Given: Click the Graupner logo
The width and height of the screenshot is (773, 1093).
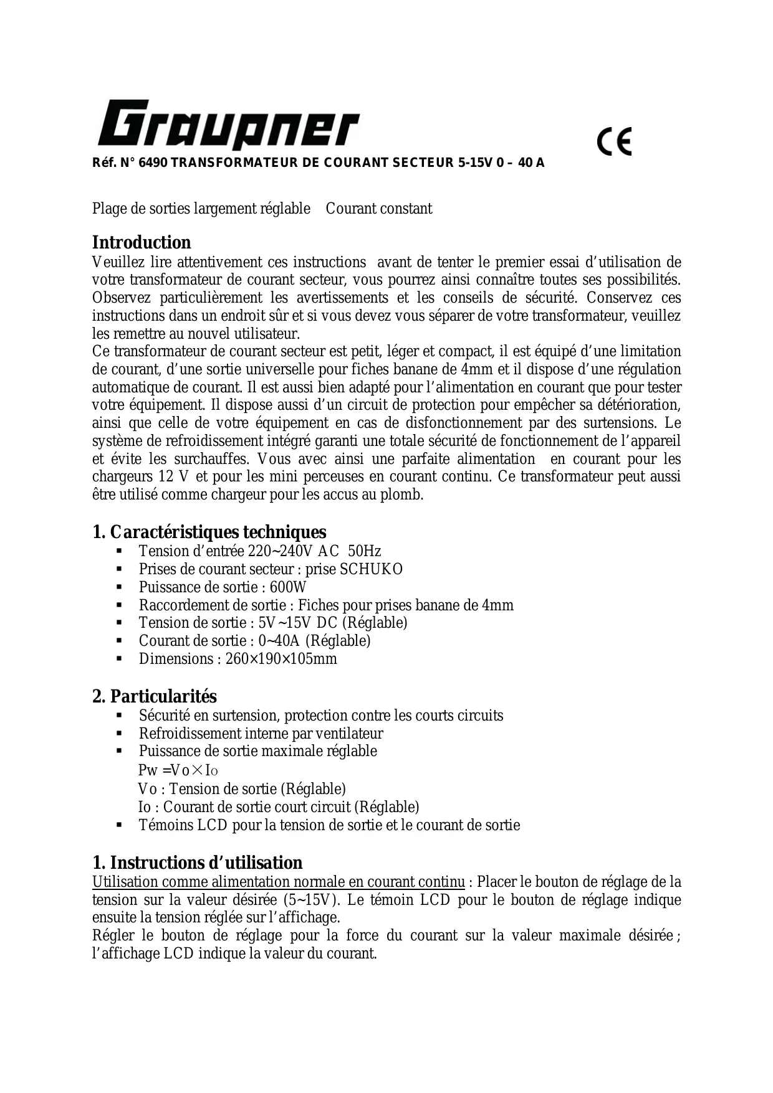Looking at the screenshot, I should (x=228, y=125).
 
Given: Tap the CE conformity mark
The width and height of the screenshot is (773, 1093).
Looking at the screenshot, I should (x=615, y=141).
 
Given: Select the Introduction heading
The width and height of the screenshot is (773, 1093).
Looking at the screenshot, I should (x=142, y=242).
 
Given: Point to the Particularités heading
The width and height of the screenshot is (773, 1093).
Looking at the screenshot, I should (x=155, y=696).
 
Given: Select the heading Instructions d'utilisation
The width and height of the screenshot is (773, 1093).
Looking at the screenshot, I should (x=198, y=863).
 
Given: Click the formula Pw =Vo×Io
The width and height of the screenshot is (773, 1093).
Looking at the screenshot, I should (x=178, y=770).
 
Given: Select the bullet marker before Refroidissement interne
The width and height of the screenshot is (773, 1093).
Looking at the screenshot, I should (x=119, y=734).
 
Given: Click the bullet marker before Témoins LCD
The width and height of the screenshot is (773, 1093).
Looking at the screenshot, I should (x=119, y=826).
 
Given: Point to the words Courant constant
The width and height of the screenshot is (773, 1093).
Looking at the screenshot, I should (x=379, y=209).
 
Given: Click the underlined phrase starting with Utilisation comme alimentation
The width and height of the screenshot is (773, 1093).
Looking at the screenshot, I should (x=279, y=882).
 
